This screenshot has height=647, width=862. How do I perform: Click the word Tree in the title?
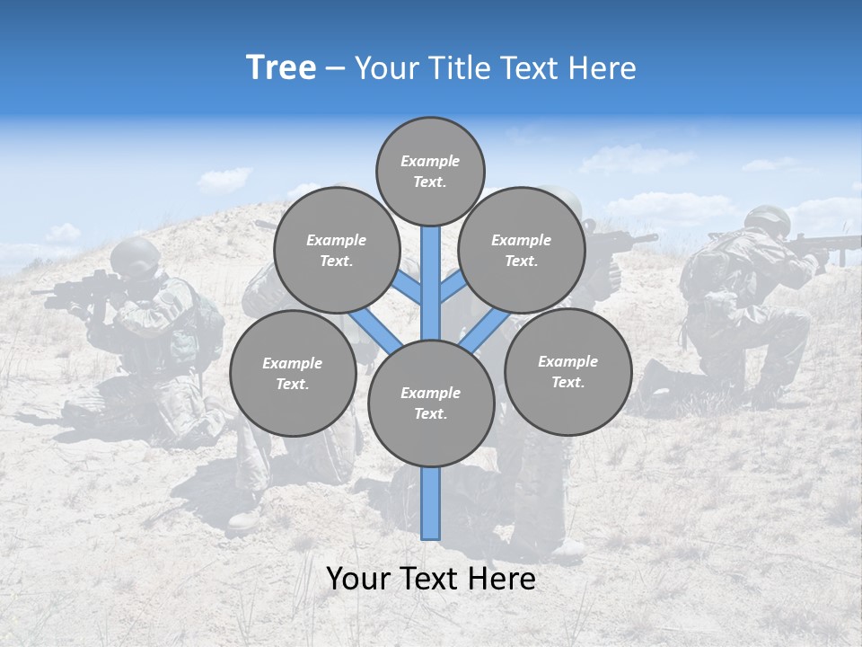[x=281, y=68]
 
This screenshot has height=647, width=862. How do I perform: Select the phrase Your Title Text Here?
[x=496, y=68]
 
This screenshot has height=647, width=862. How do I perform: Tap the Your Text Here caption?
[x=430, y=579]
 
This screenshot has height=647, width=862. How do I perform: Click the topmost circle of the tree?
[x=430, y=171]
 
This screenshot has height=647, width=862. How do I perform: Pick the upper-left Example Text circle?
[x=336, y=251]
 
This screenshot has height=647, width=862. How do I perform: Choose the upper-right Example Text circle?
[x=522, y=251]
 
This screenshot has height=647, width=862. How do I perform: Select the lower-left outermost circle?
[x=293, y=374]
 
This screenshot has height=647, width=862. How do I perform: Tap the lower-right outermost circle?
[x=567, y=372]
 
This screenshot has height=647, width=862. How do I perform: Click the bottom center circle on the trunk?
[x=431, y=403]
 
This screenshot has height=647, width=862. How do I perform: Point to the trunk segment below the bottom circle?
[x=431, y=503]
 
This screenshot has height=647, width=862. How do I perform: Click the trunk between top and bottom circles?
[x=431, y=283]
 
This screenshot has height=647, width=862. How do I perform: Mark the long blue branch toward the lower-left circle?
[x=375, y=330]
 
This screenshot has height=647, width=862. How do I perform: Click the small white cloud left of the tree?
[x=224, y=179]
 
